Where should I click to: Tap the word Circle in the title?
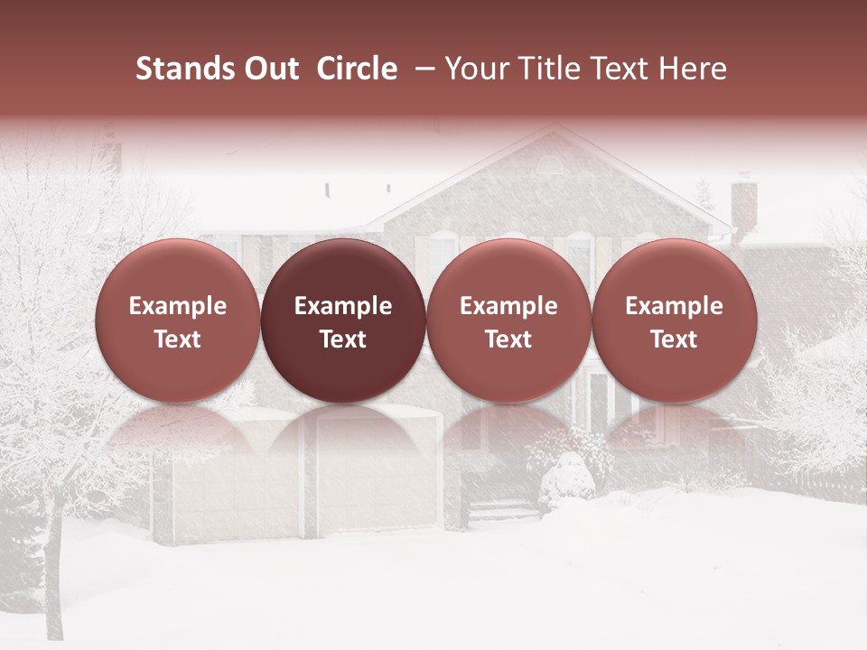click(357, 69)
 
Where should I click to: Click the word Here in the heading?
click(693, 69)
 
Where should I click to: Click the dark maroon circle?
click(343, 321)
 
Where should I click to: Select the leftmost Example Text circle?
click(177, 321)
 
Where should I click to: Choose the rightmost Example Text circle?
click(674, 321)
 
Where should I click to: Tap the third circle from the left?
click(508, 321)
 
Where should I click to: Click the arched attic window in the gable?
click(548, 165)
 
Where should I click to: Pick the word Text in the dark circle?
click(343, 339)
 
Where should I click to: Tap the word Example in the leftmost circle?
click(177, 306)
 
